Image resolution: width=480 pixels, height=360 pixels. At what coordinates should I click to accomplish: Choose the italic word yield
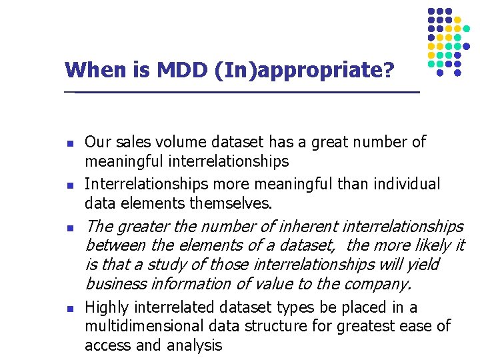423,265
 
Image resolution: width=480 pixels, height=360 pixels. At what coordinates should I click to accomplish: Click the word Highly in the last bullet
107,307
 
